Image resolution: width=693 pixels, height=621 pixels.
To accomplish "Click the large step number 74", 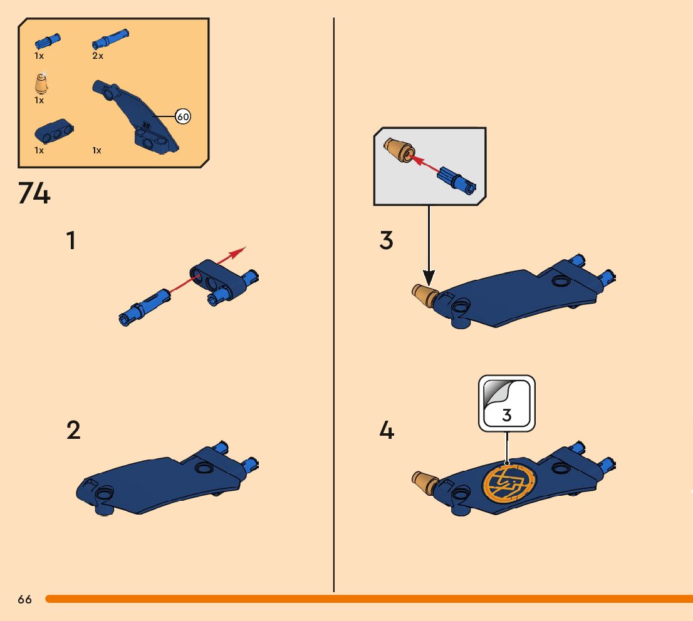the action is pos(34,193).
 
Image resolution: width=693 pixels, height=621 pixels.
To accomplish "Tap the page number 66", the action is pos(25,599).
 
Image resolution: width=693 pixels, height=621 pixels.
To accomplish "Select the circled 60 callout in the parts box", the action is pos(182,116).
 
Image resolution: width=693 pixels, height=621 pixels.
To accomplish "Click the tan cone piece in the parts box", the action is pos(41,83).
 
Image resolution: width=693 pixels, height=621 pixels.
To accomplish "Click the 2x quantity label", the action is pos(98,56).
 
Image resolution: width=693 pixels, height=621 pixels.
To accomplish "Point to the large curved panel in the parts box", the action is pos(135,116).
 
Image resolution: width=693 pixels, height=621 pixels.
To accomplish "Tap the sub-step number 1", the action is pos(71,241).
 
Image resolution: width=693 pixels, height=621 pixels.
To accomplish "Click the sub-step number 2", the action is pos(73,430).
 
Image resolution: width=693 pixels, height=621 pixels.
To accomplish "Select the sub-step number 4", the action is pos(386,430).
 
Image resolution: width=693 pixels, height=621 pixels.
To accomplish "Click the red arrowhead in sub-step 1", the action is pos(239,252).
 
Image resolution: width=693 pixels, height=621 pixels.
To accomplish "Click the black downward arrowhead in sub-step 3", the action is pos(429,278).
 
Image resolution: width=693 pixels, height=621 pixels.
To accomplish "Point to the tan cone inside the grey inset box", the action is pos(399,150).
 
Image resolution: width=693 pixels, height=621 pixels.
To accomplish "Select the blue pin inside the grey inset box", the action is pos(457,181).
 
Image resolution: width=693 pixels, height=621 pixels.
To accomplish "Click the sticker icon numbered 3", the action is pos(506,403).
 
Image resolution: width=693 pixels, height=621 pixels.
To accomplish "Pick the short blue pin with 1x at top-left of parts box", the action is pos(48,41).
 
